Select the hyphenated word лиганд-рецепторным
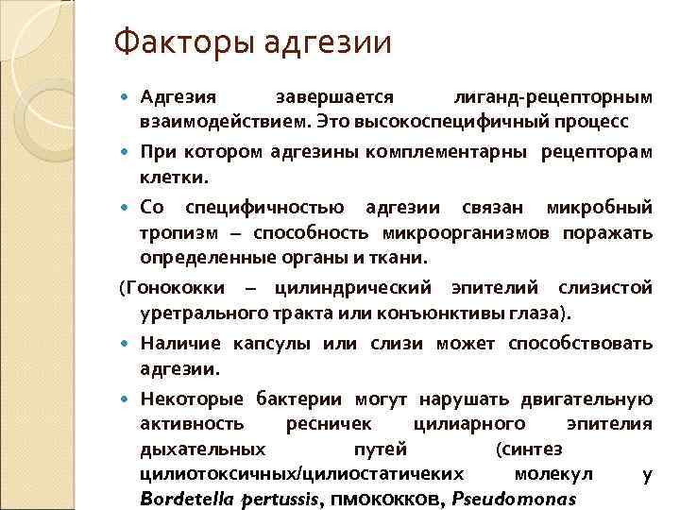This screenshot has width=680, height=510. coord(552,98)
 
